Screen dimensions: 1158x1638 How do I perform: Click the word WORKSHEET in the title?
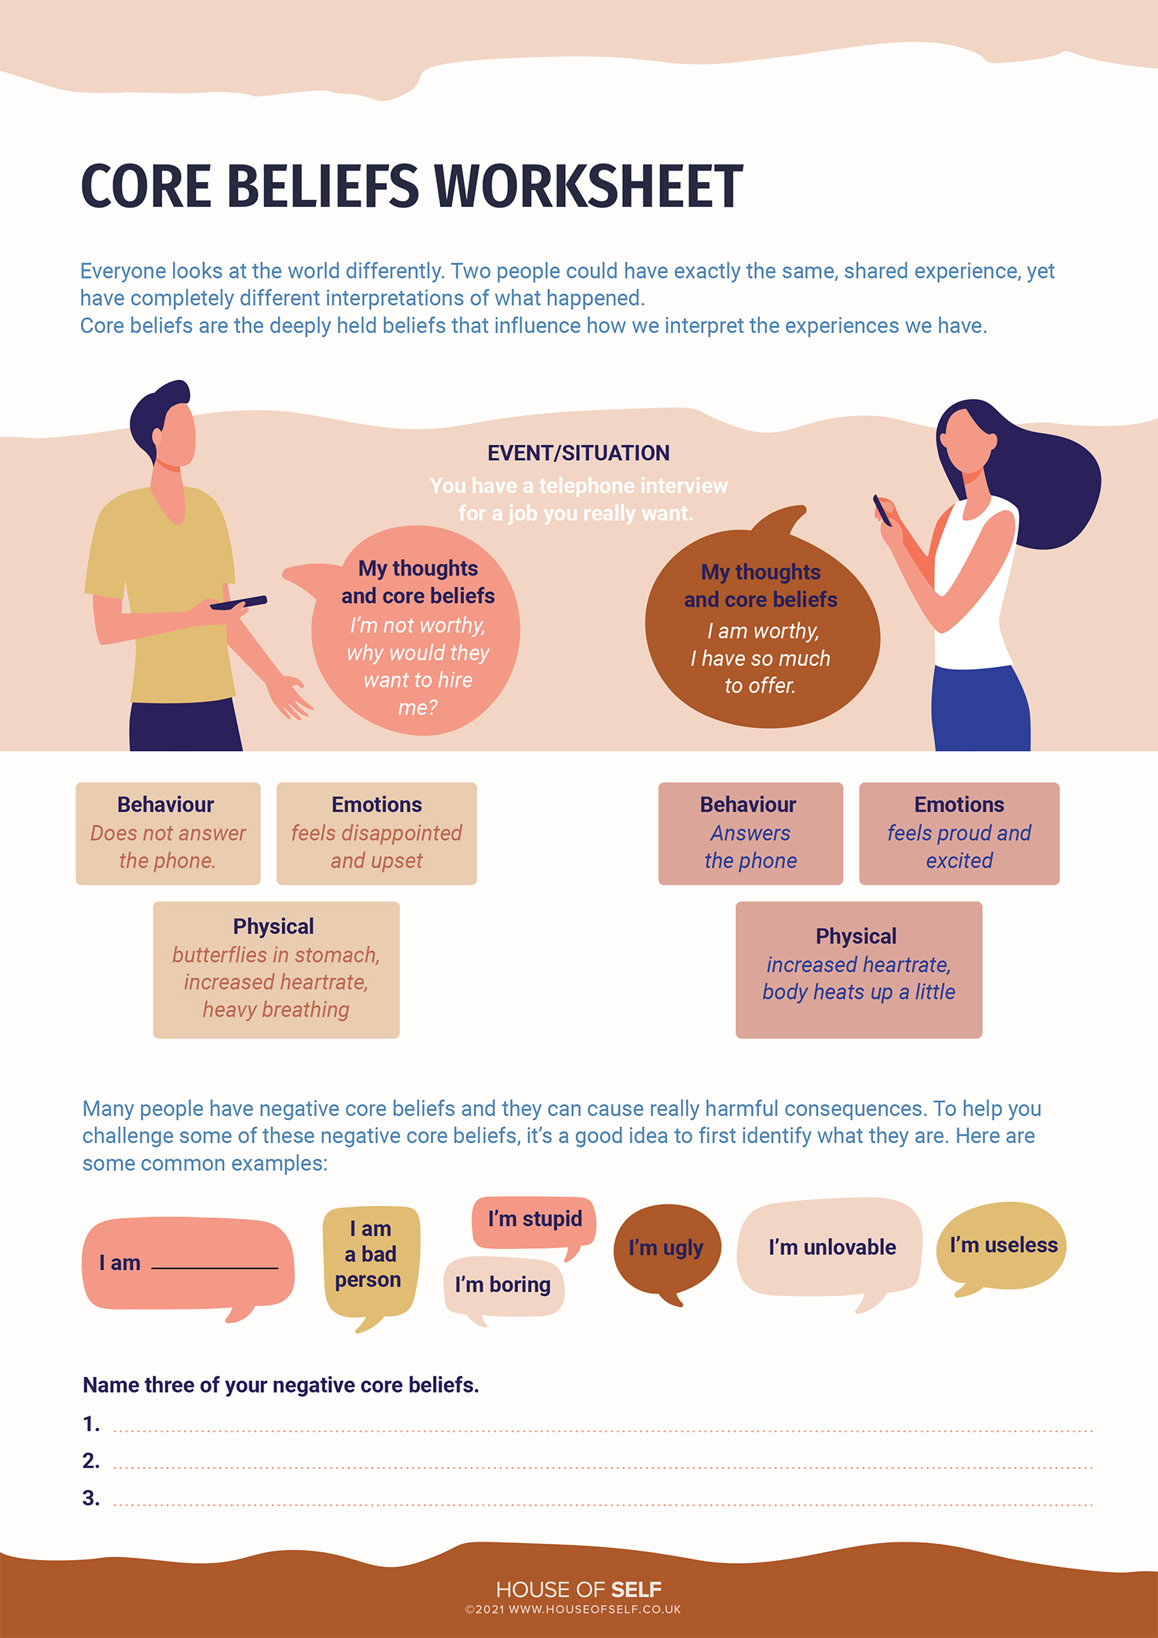tap(589, 186)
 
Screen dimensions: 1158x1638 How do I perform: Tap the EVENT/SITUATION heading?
tap(578, 453)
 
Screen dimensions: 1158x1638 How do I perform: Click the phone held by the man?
tap(239, 602)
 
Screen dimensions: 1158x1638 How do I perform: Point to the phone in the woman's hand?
tap(882, 510)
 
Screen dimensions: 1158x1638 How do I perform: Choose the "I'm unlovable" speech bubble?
tap(831, 1249)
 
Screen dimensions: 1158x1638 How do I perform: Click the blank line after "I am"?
tap(215, 1267)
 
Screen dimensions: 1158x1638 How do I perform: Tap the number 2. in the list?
tap(91, 1460)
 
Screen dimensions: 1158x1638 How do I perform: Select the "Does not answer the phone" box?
tap(168, 834)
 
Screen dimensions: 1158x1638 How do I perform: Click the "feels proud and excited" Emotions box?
tap(959, 834)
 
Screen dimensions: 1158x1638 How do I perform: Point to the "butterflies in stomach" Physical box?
tap(276, 970)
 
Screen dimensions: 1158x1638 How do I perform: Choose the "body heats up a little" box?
tap(858, 970)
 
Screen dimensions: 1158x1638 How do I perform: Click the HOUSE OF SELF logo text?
tap(578, 1589)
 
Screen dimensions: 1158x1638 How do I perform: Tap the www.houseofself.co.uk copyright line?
tap(573, 1609)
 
